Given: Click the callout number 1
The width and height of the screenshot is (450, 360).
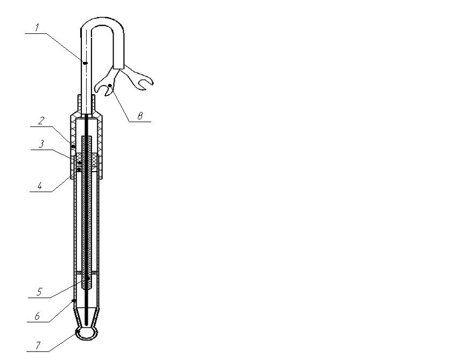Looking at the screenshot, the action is click(37, 28).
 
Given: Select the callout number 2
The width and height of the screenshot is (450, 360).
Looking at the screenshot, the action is click(41, 121).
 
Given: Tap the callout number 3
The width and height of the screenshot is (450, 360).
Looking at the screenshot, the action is click(41, 144).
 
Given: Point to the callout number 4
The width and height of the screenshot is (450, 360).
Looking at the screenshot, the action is click(40, 186).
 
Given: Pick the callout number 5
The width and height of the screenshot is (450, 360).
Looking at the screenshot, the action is click(39, 292).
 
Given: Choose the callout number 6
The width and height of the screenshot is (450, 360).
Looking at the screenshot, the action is click(37, 316).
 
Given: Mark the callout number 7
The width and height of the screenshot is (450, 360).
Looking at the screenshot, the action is click(38, 345).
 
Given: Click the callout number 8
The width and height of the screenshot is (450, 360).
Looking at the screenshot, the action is click(140, 116).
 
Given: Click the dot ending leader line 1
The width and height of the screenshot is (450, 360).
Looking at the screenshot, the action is click(85, 63).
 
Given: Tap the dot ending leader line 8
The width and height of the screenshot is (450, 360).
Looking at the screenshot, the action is click(110, 86).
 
